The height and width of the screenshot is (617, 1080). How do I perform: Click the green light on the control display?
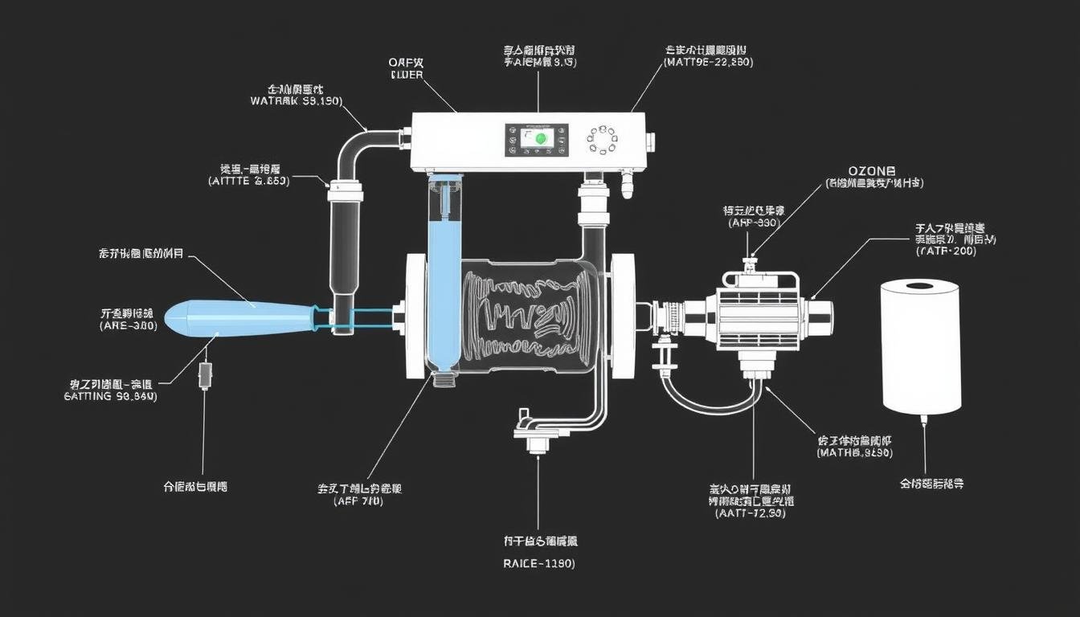(x=540, y=138)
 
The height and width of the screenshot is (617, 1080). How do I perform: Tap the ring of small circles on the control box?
(x=602, y=138)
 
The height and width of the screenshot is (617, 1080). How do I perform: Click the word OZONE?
(x=872, y=171)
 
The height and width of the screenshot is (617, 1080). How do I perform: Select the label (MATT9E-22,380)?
(x=709, y=62)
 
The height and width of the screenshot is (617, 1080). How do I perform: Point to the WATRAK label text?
(x=296, y=102)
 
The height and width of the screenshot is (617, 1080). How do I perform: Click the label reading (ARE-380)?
(x=129, y=326)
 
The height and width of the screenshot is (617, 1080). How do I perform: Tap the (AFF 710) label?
(x=358, y=501)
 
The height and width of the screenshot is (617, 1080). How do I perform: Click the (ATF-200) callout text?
(x=945, y=251)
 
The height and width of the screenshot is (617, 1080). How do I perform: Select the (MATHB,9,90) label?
(x=854, y=453)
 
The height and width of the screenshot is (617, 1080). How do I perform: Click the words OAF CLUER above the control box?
(x=407, y=68)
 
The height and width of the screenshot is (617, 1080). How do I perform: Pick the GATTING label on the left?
(x=110, y=396)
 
